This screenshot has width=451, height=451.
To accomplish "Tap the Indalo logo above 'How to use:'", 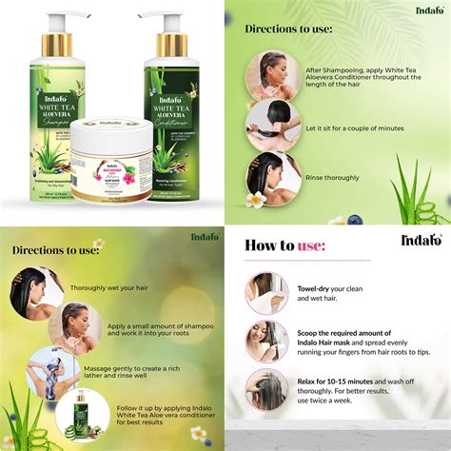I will (x=420, y=240).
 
